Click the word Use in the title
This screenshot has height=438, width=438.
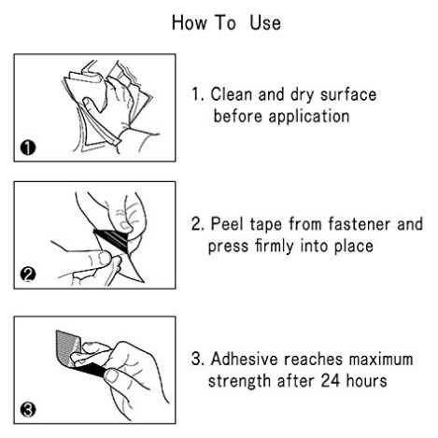click(265, 23)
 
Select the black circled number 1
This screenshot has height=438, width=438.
click(28, 148)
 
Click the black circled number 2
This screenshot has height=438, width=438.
click(28, 275)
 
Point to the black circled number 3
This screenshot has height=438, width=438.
click(28, 409)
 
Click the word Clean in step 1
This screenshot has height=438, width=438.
click(232, 94)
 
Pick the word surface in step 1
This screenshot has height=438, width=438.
click(348, 94)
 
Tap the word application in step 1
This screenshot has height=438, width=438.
click(309, 117)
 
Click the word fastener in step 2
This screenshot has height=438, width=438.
click(360, 223)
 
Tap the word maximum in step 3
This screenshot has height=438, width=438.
click(381, 360)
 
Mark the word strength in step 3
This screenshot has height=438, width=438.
click(239, 381)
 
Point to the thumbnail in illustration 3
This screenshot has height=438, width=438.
click(111, 375)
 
